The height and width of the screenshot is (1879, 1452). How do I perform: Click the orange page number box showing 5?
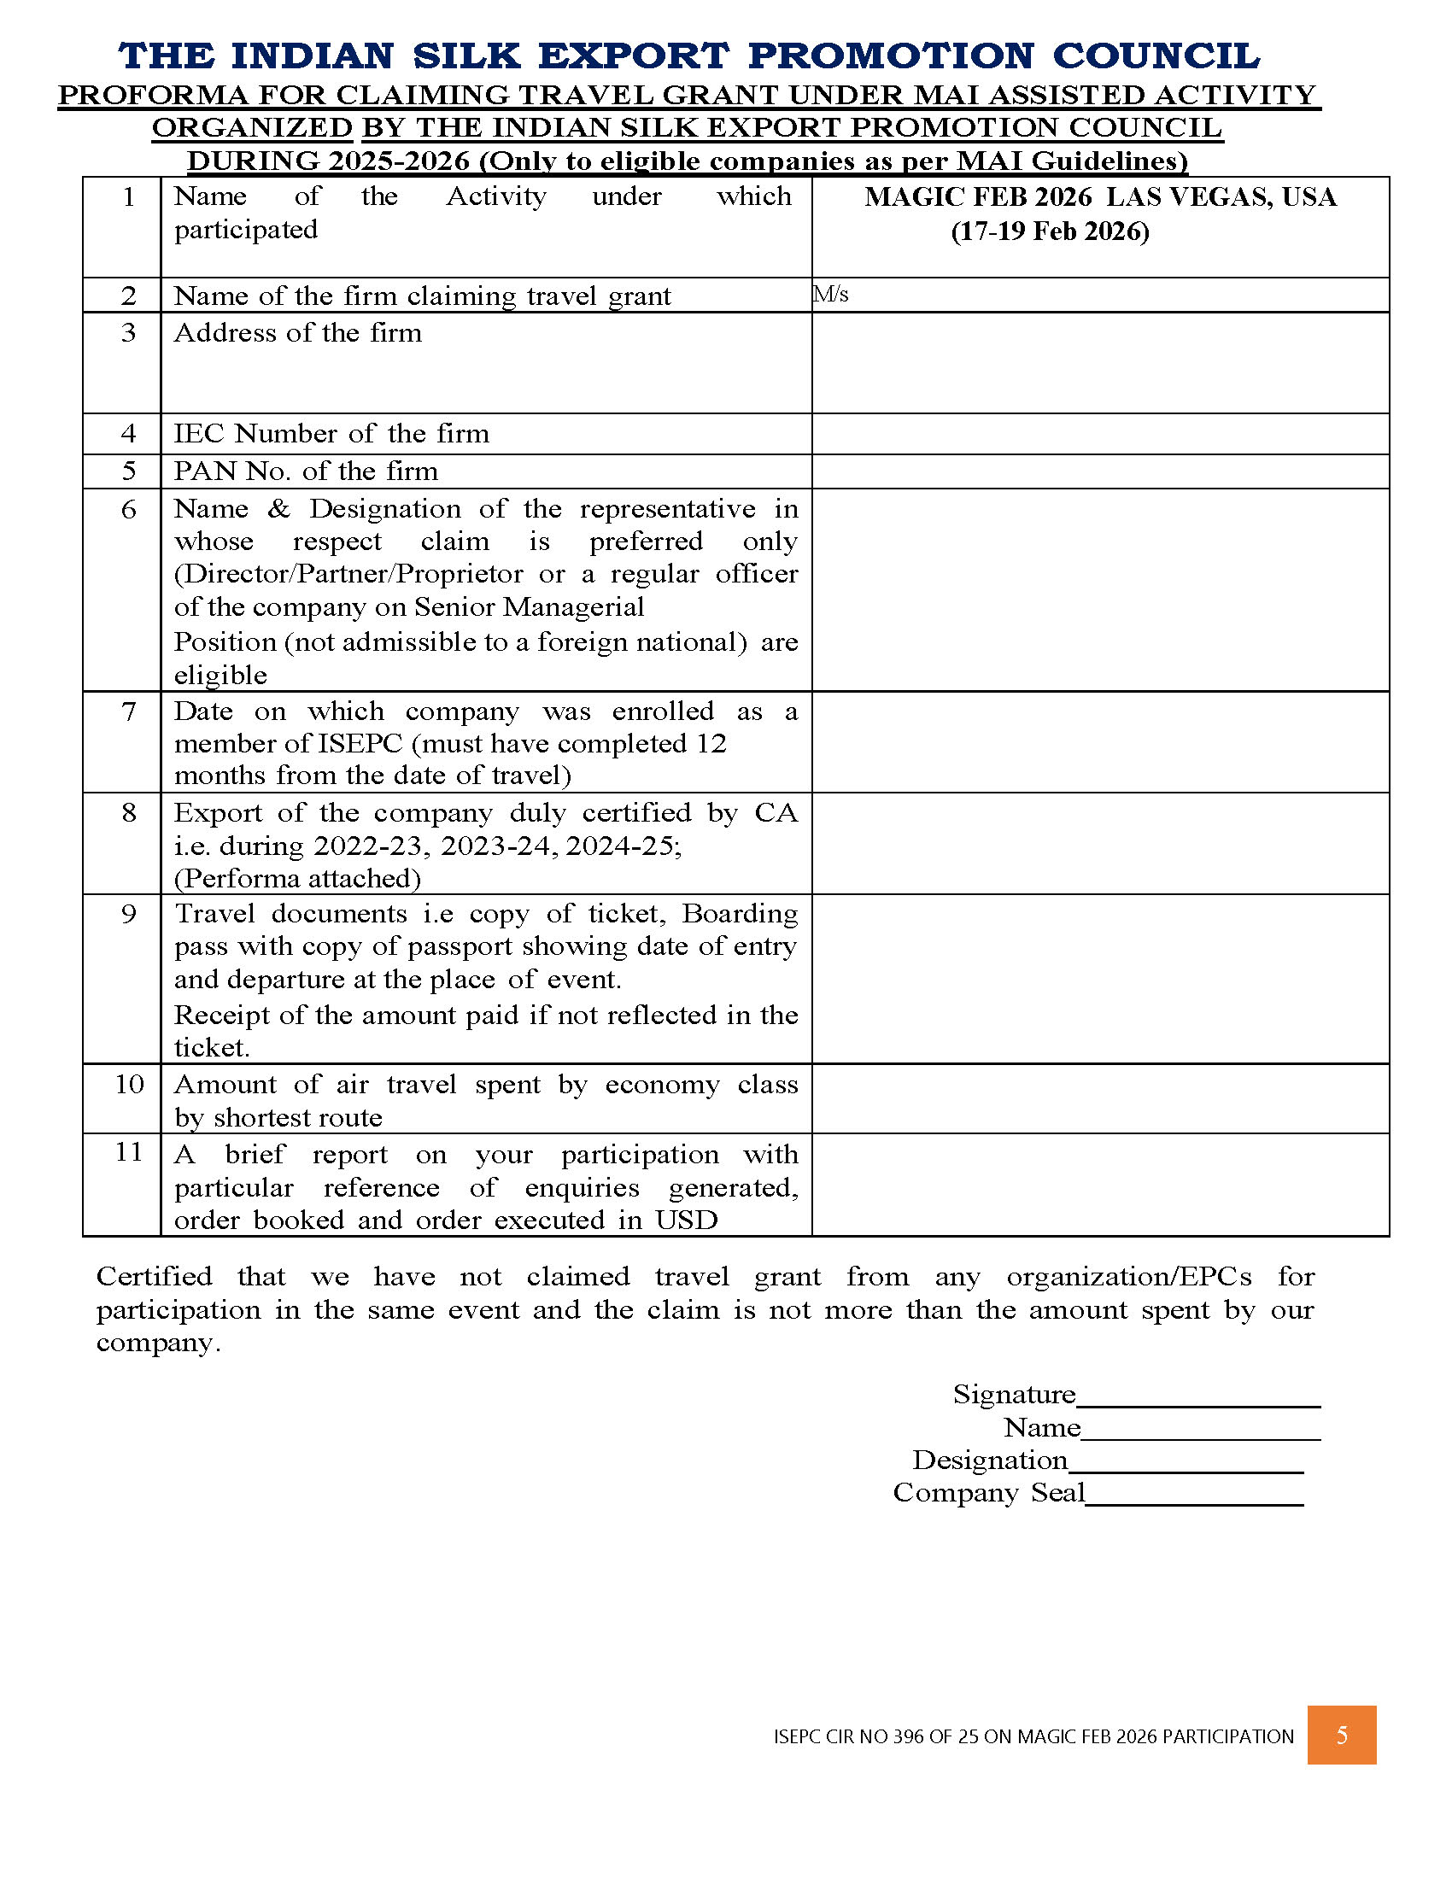(x=1341, y=1735)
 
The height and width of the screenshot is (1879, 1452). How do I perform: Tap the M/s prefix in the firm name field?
(x=831, y=295)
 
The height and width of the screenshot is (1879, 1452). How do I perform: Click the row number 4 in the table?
(x=128, y=433)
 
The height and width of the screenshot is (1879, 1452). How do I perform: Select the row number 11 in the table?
(x=128, y=1151)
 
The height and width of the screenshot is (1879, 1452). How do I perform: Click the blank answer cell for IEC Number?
(x=1099, y=434)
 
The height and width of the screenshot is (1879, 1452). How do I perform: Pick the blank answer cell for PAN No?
(x=1099, y=471)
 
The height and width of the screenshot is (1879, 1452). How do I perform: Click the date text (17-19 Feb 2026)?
(x=1050, y=231)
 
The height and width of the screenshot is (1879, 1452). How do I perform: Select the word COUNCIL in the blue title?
(x=1156, y=56)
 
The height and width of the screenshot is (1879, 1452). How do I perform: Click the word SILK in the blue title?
(x=466, y=56)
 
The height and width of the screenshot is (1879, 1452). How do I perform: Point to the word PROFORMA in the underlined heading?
(x=151, y=95)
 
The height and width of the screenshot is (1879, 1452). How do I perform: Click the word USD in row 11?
(x=686, y=1220)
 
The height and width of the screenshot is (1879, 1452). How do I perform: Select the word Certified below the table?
(x=154, y=1276)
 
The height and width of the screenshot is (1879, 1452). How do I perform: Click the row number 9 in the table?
(x=128, y=913)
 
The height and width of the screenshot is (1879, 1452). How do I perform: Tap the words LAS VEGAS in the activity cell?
(x=1188, y=197)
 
